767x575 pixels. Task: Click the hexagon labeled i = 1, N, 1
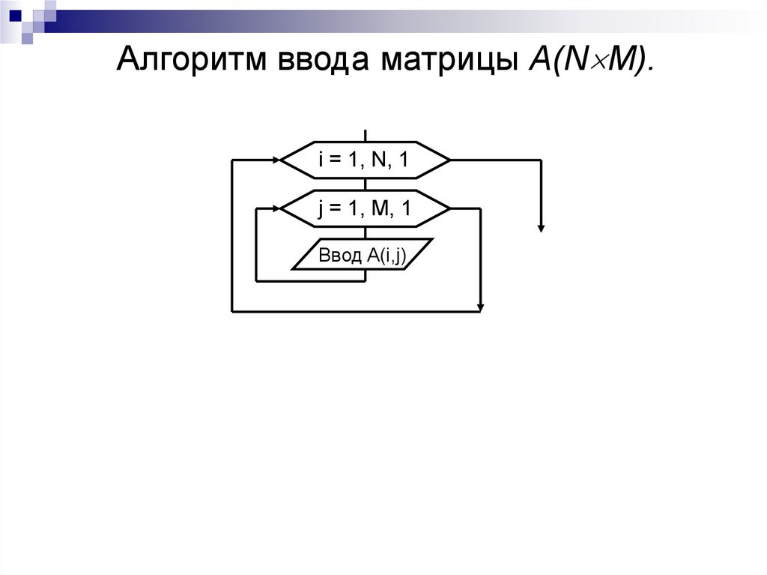click(365, 160)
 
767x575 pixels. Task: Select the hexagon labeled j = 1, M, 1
click(365, 209)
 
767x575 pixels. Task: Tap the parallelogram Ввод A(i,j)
click(363, 256)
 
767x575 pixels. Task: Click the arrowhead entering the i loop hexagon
click(275, 160)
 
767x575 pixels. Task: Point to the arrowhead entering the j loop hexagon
click(275, 209)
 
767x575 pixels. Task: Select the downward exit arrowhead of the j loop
click(480, 307)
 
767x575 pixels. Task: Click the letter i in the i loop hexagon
click(322, 160)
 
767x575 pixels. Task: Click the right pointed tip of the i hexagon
click(449, 160)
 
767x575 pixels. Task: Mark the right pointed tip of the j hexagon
click(449, 209)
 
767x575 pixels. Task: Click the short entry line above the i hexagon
click(365, 135)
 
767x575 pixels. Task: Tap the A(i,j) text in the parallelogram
click(386, 256)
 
